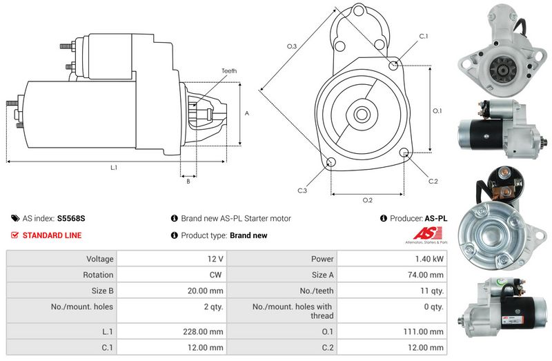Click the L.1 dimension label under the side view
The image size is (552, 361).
tap(114, 168)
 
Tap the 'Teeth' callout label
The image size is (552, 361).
tap(229, 71)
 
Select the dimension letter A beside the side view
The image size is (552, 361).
tap(247, 113)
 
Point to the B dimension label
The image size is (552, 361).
tap(188, 182)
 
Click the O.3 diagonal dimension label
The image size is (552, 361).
tap(292, 46)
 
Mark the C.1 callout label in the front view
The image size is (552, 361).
tap(424, 36)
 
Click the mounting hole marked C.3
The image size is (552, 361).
tap(331, 162)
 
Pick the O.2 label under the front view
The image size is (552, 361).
tap(368, 200)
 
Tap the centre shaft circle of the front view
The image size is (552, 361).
tap(361, 114)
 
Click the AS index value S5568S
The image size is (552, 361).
tap(71, 218)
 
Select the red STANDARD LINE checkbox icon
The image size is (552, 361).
tap(14, 235)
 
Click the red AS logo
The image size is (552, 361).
tap(427, 233)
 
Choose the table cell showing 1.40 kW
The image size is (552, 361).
tap(392, 259)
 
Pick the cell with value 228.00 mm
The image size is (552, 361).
tap(172, 331)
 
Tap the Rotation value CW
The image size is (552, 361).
tap(215, 275)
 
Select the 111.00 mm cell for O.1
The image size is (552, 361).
tap(392, 331)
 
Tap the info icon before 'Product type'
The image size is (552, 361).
tap(175, 235)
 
